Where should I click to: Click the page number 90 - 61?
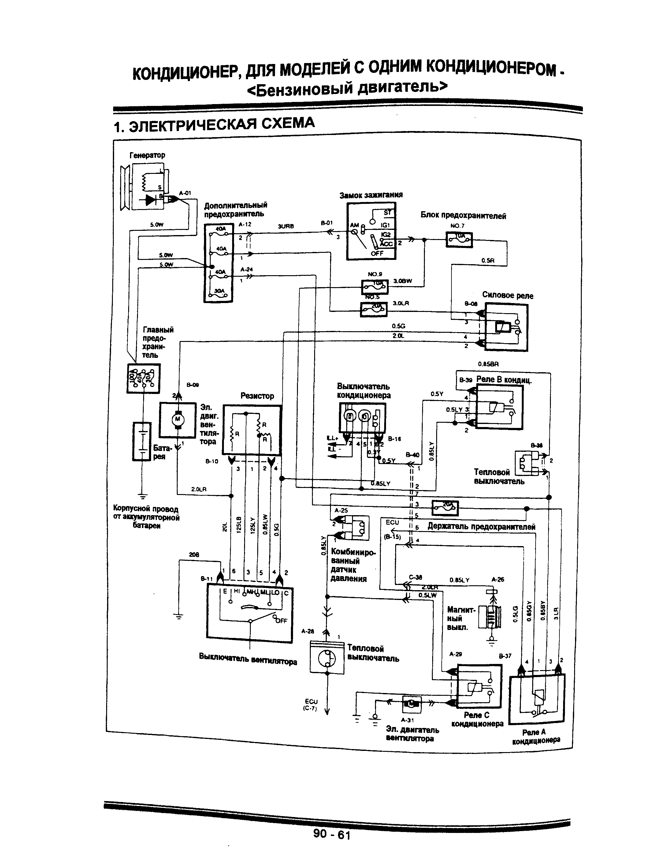332,834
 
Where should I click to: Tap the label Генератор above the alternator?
147,155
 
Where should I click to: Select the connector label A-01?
185,193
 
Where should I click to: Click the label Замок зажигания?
371,195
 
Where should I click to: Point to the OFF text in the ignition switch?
377,253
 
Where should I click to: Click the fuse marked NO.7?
459,240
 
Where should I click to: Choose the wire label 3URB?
286,226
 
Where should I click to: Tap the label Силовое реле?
507,295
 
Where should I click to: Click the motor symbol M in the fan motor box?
178,419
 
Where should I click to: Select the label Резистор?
257,396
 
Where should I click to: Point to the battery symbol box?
142,441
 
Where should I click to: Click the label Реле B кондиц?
504,380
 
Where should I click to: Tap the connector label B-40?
412,454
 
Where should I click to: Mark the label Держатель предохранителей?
481,527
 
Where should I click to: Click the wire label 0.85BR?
488,364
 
